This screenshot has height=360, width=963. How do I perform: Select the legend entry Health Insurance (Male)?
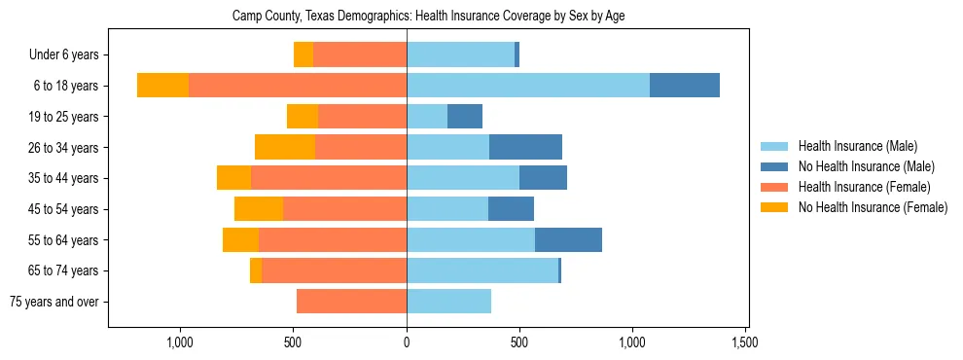[x=857, y=146]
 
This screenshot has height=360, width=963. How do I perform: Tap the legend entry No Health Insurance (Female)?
[x=872, y=207]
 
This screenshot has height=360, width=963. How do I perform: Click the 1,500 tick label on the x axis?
[x=745, y=342]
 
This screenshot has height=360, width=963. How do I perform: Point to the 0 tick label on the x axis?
[x=407, y=342]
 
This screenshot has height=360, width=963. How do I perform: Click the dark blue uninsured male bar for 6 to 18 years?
[x=685, y=86]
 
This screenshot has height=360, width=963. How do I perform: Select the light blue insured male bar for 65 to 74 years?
[x=482, y=270]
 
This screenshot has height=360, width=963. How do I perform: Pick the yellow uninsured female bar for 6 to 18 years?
[x=162, y=86]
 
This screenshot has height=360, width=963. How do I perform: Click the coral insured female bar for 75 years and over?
[x=351, y=302]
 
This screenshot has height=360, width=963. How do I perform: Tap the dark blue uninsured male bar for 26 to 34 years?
[x=525, y=148]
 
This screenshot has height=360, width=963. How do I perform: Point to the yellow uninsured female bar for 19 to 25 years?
[x=303, y=117]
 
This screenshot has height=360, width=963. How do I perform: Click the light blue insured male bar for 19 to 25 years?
[x=427, y=117]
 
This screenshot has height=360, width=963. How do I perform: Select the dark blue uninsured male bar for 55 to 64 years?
[x=568, y=240]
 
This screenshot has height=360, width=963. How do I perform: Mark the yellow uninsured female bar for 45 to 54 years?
[x=259, y=209]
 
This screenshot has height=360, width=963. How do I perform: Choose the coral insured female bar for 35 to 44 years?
[x=329, y=178]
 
